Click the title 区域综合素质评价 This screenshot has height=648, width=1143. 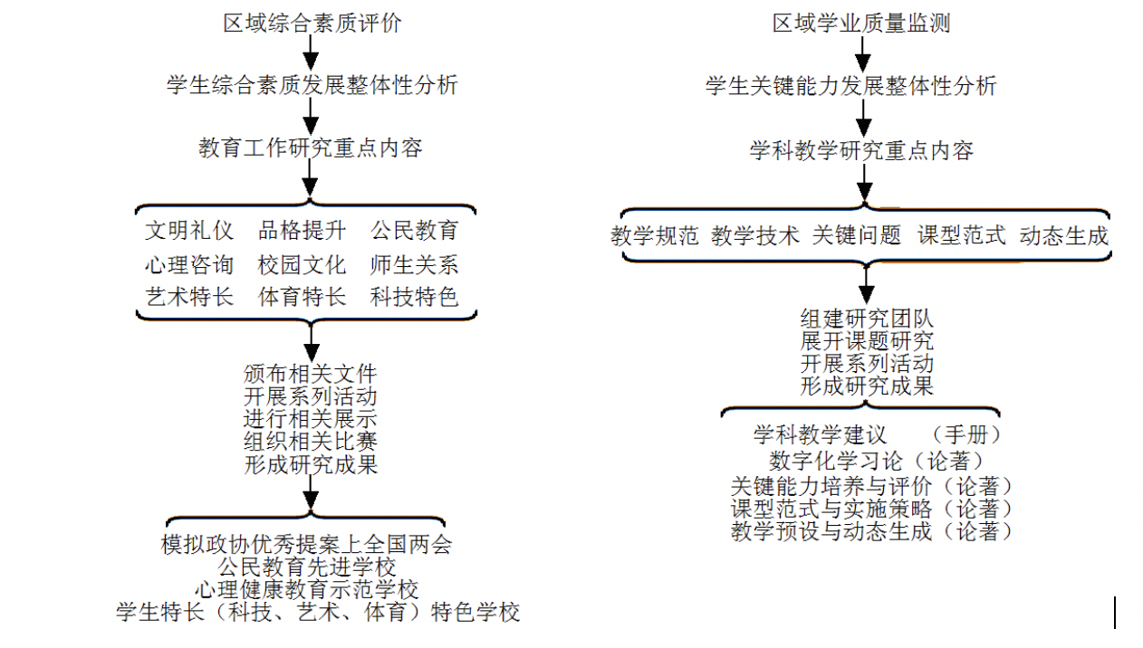tap(312, 24)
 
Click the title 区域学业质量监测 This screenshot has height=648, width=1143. tap(861, 24)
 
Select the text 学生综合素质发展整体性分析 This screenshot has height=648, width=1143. tap(312, 85)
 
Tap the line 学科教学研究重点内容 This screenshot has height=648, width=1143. tap(861, 150)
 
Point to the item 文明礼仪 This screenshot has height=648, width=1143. tap(189, 231)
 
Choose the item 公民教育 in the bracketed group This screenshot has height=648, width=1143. tap(414, 231)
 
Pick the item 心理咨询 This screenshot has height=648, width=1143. tap(189, 264)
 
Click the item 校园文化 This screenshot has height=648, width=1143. tap(303, 264)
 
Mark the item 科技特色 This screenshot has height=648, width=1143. tap(414, 297)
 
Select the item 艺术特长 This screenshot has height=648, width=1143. tap(189, 297)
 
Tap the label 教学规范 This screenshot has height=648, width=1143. tap(655, 235)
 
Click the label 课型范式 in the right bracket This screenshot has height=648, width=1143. tap(962, 235)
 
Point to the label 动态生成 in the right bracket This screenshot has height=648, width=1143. tap(1064, 235)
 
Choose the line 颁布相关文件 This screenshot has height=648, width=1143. tap(311, 374)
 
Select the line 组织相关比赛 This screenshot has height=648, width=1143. tap(311, 442)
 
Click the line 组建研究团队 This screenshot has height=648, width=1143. tap(867, 319)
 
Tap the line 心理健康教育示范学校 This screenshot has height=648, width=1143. tap(307, 590)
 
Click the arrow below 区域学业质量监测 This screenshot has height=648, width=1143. tap(862, 54)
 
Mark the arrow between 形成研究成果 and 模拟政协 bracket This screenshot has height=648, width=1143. tap(311, 493)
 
